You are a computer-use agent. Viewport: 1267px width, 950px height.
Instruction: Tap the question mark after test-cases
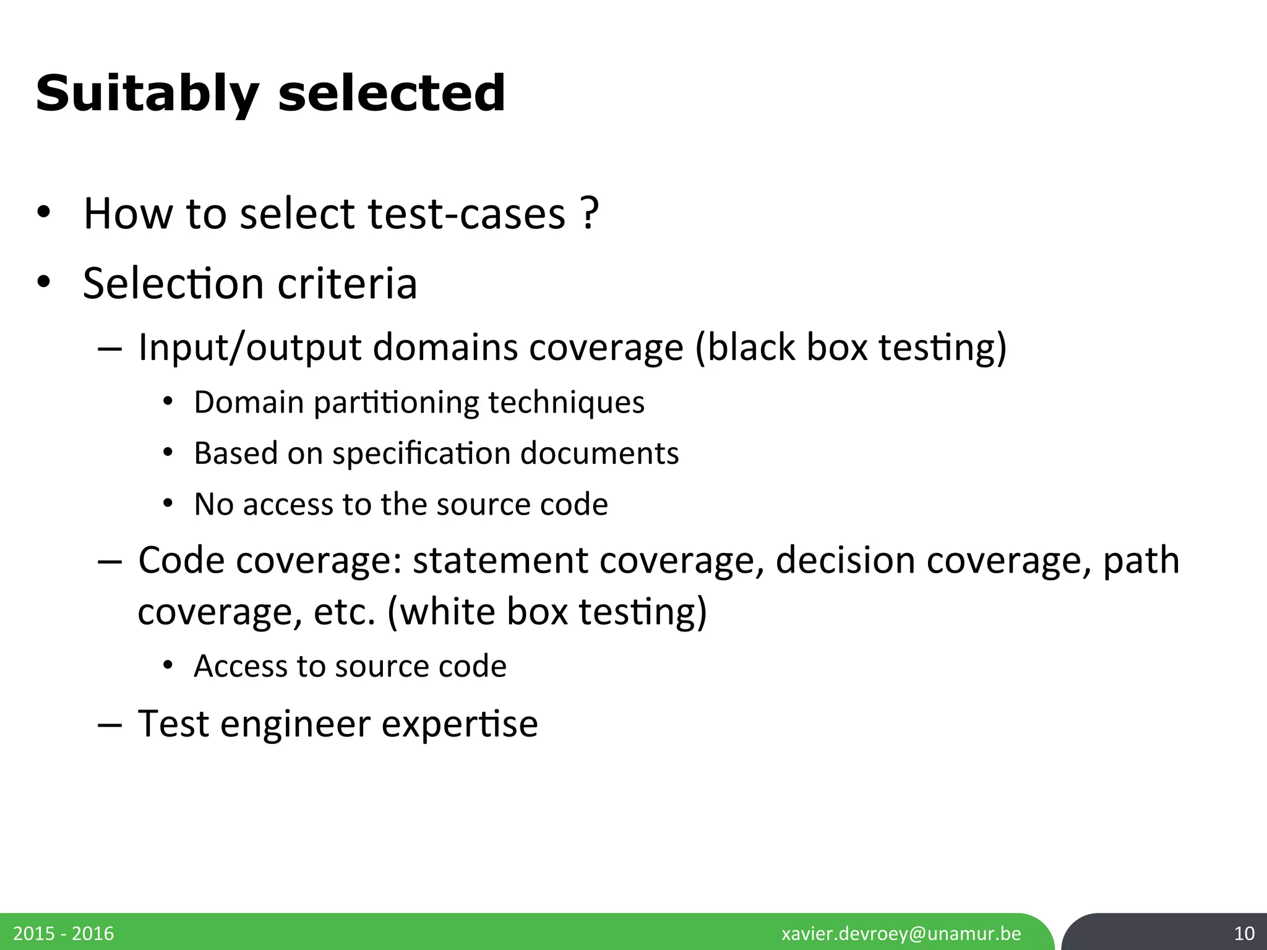(590, 213)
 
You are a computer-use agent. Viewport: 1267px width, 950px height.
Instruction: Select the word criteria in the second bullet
(347, 283)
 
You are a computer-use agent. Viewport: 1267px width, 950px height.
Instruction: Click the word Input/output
(249, 347)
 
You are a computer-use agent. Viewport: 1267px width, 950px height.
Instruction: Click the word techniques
(566, 402)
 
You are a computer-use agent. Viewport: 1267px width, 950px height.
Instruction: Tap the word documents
(599, 453)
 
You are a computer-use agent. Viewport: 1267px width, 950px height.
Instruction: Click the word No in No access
(213, 504)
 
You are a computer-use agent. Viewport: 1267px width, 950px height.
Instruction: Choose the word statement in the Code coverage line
(500, 560)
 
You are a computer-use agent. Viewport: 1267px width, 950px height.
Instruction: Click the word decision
(845, 560)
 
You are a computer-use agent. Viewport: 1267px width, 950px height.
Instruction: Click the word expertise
(459, 724)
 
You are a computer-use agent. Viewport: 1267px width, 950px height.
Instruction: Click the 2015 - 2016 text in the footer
(64, 933)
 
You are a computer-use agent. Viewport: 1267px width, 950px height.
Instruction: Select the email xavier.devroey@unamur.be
(901, 933)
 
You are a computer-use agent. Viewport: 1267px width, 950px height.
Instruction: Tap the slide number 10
(1244, 933)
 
